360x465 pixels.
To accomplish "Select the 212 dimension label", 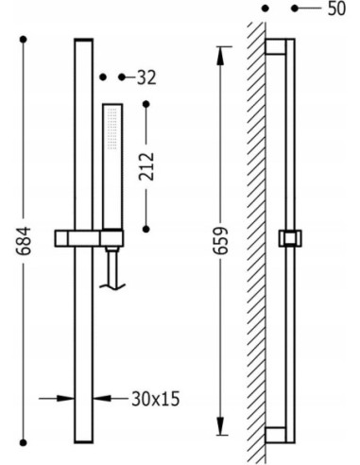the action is [146, 166].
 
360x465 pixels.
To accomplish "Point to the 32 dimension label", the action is [146, 77].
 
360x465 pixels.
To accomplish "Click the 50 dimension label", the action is [336, 9].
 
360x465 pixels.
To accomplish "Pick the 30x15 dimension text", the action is [156, 399].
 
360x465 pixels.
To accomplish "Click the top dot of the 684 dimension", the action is [24, 40].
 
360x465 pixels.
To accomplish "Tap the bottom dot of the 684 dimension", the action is [24, 442].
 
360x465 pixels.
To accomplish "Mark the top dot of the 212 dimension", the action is [146, 104].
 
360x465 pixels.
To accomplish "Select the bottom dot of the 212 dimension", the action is [146, 229].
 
